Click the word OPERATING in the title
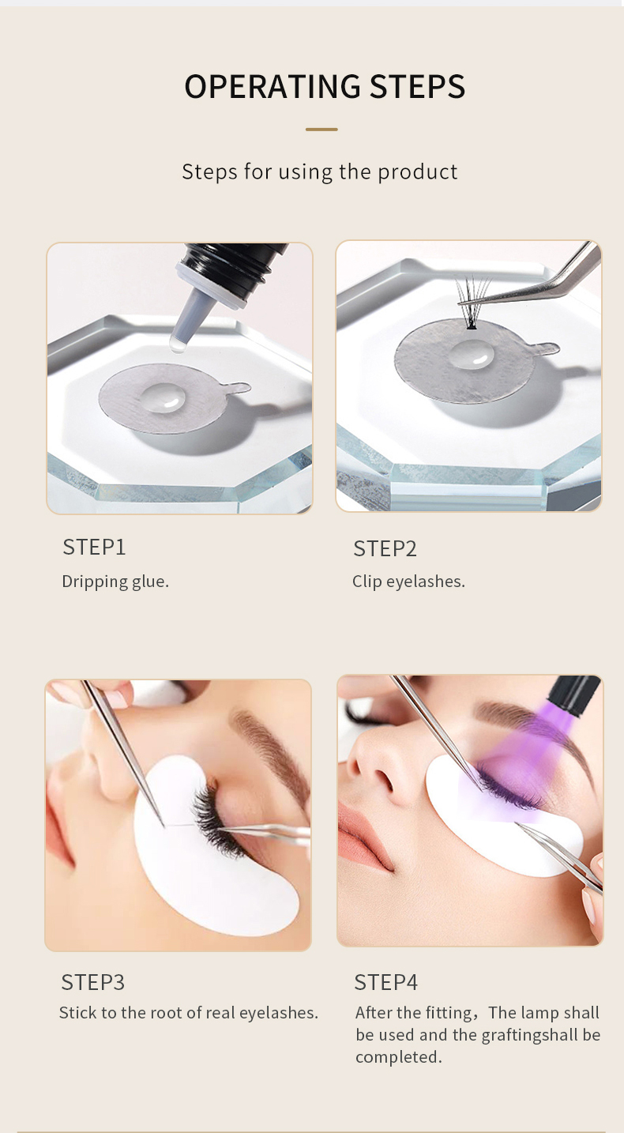(x=272, y=86)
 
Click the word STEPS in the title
(x=417, y=86)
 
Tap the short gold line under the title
(x=321, y=130)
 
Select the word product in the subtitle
(x=418, y=172)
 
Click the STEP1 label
(x=94, y=548)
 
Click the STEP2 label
(x=385, y=549)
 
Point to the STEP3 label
(x=92, y=982)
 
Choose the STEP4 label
(x=385, y=982)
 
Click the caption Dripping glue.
(x=115, y=582)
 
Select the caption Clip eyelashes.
(x=408, y=582)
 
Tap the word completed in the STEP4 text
(x=398, y=1058)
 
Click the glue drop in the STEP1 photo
(x=164, y=397)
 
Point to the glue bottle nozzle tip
(x=178, y=344)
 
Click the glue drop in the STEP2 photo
(x=472, y=353)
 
